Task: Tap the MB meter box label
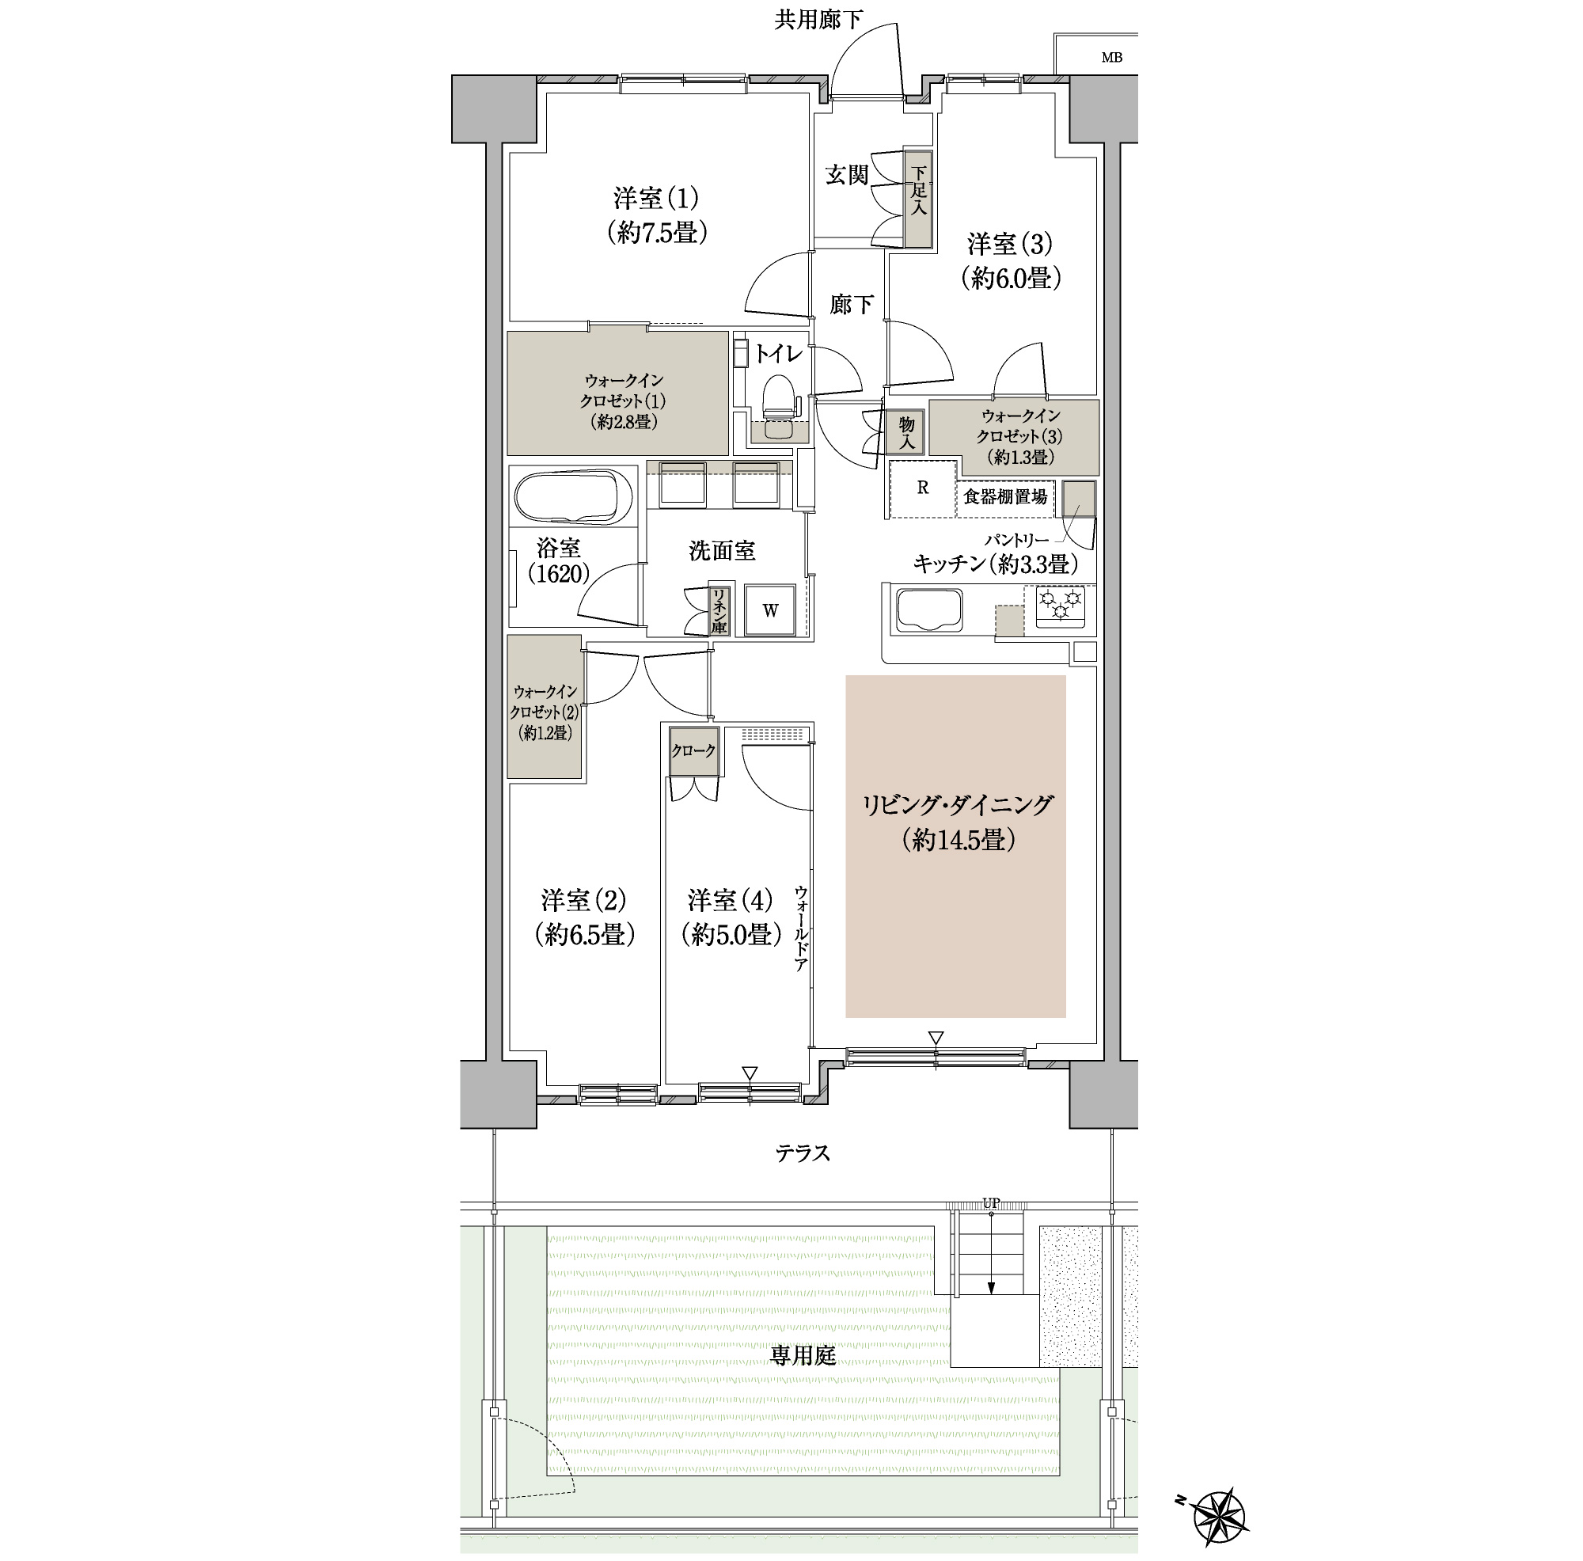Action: [x=1111, y=57]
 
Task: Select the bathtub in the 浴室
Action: [x=573, y=497]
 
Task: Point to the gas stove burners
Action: [x=1061, y=606]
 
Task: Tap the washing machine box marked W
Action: [x=769, y=610]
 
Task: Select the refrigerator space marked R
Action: [x=923, y=488]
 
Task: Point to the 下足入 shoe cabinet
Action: [x=918, y=199]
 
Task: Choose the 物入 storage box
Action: [x=905, y=433]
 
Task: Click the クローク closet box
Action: [x=694, y=750]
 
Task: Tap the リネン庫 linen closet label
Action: [x=719, y=611]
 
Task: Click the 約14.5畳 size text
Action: [x=958, y=840]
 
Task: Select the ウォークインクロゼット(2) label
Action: [x=545, y=712]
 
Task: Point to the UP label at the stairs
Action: [x=991, y=1203]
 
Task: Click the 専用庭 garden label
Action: [x=803, y=1355]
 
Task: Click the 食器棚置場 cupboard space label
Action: [x=1004, y=496]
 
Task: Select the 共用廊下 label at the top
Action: [x=818, y=20]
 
